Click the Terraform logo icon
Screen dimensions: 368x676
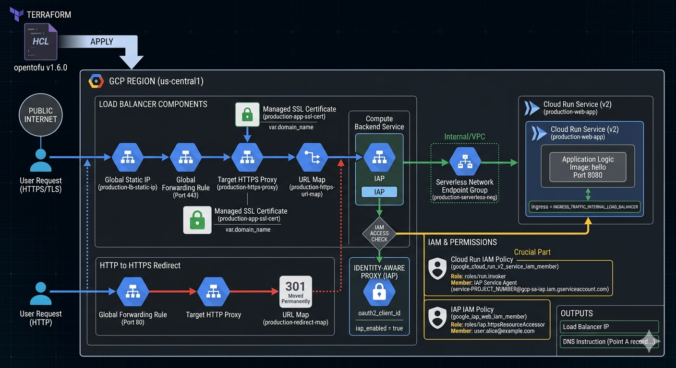(16, 14)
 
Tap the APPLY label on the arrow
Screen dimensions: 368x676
(102, 42)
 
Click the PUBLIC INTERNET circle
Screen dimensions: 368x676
(40, 115)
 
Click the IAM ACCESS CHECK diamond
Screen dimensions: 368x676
(379, 233)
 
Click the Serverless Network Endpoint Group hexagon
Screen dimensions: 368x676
(464, 163)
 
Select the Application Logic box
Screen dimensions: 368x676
(588, 166)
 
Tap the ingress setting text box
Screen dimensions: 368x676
(584, 207)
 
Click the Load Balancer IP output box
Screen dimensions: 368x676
(609, 327)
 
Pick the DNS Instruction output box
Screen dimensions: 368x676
(609, 342)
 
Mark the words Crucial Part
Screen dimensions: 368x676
(532, 252)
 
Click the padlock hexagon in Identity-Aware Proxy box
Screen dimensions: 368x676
(379, 292)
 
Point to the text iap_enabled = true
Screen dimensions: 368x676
(379, 328)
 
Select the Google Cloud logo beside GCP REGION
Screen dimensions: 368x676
(97, 81)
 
